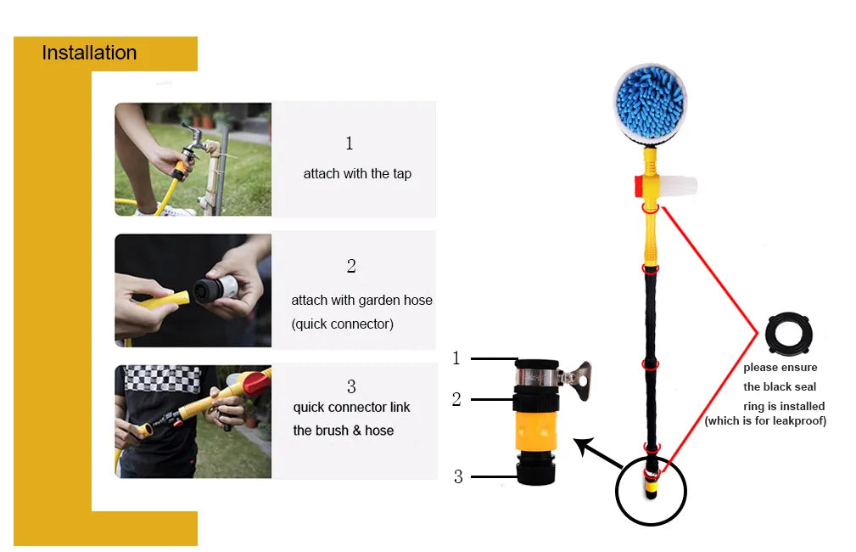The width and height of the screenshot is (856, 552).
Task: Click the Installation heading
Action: [89, 53]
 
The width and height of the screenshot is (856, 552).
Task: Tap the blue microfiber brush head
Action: [650, 103]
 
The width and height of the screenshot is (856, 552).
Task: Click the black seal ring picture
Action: [789, 334]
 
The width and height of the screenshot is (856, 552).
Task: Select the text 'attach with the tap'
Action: [357, 174]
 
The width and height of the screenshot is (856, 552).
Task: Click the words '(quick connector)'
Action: [342, 324]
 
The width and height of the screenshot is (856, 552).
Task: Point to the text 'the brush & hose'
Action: [344, 431]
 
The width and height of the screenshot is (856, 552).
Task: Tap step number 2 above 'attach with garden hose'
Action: [351, 266]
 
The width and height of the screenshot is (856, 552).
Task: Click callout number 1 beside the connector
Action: [456, 358]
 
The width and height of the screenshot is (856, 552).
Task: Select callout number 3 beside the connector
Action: [458, 476]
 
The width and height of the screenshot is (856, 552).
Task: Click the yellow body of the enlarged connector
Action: [537, 431]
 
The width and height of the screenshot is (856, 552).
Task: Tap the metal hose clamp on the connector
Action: [552, 377]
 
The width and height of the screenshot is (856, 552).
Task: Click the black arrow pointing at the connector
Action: [598, 453]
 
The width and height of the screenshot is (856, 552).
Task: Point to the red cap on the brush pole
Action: [639, 186]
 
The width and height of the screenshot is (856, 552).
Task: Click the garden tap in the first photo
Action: [193, 139]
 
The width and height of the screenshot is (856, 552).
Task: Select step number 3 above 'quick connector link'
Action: [351, 386]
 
